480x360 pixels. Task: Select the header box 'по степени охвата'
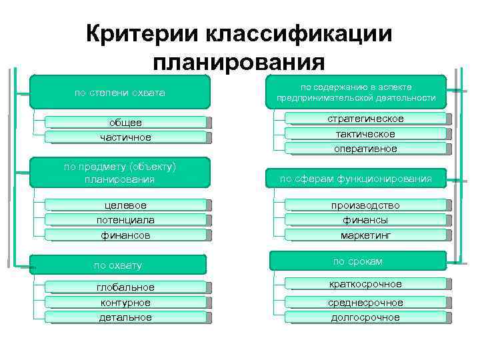119,92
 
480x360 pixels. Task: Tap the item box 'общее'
126,123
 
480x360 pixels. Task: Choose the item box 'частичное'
126,137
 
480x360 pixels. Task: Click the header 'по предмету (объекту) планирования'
119,173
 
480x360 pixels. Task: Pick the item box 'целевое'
126,205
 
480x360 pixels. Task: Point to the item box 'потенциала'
126,220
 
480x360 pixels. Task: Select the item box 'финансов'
126,235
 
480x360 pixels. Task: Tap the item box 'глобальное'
126,287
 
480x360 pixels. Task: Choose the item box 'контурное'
126,302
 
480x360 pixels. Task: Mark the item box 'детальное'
126,317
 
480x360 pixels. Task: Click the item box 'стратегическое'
365,119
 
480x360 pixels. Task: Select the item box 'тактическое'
365,134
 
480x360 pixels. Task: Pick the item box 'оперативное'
365,149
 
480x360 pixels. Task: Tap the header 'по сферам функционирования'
355,178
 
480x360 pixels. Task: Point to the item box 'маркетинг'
365,235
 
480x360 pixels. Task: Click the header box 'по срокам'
357,261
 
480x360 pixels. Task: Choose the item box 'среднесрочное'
365,302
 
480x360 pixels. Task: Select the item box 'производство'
365,205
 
